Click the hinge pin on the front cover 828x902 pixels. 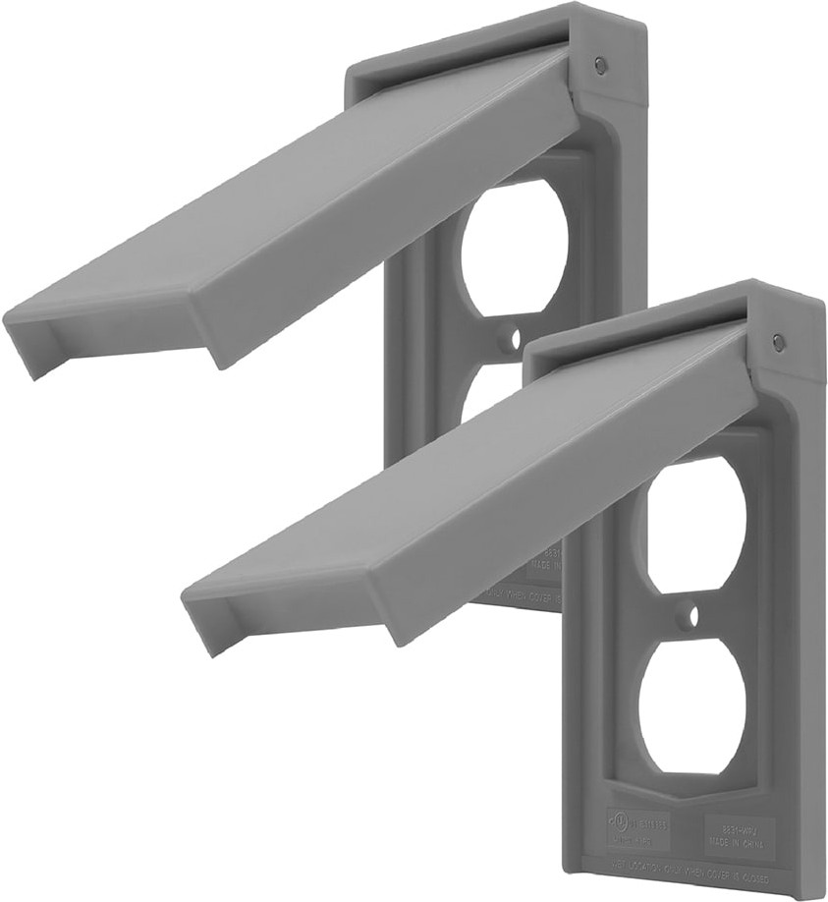coord(778,343)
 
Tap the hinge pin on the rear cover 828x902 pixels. coord(601,66)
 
